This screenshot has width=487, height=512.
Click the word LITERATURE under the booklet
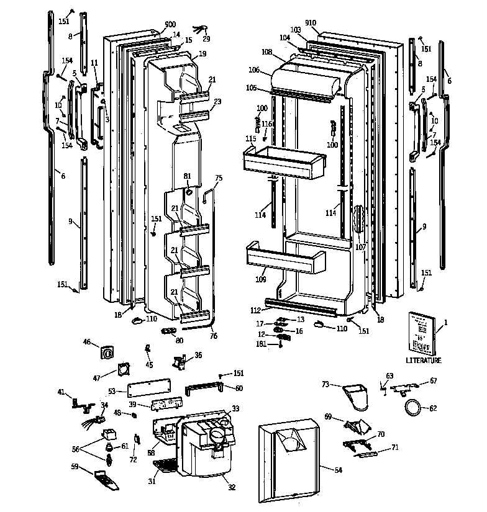424,361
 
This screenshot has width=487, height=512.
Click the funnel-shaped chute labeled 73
355,395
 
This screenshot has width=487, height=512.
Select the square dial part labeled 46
107,352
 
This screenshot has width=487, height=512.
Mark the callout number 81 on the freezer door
187,176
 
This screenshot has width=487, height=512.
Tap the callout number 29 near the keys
206,38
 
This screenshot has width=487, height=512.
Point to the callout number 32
231,487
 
